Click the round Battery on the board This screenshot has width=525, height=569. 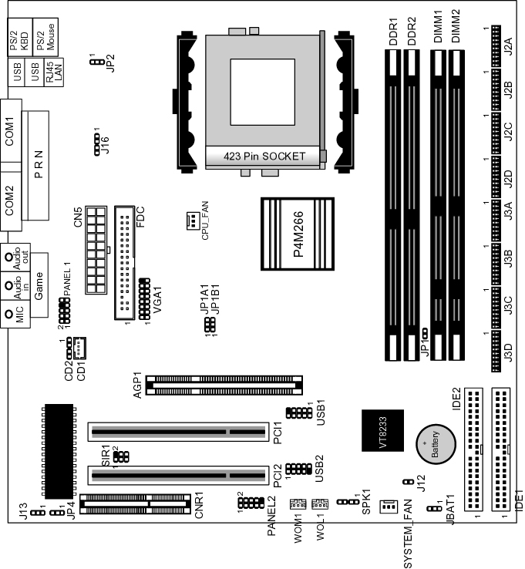tap(436, 444)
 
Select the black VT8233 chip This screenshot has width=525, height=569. tap(383, 430)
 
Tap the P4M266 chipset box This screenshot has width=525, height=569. tap(298, 234)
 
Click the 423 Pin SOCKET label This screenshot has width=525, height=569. tap(264, 157)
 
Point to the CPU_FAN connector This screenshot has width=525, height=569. tap(193, 221)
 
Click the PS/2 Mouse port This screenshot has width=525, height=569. tap(45, 37)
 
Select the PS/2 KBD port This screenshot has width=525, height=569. tap(20, 37)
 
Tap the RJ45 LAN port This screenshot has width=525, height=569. tap(54, 72)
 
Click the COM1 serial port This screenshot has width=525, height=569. tap(11, 130)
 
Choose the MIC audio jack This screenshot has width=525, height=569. tap(15, 315)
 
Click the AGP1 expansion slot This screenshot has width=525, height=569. tap(224, 386)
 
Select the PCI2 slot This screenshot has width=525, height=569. tap(178, 476)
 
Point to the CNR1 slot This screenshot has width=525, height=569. tap(135, 504)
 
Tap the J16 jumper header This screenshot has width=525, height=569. tap(96, 144)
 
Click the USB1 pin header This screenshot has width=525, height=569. tap(298, 412)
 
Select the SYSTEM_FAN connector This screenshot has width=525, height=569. tap(389, 506)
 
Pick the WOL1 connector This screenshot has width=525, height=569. tap(320, 503)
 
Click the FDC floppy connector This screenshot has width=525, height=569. tap(124, 263)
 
